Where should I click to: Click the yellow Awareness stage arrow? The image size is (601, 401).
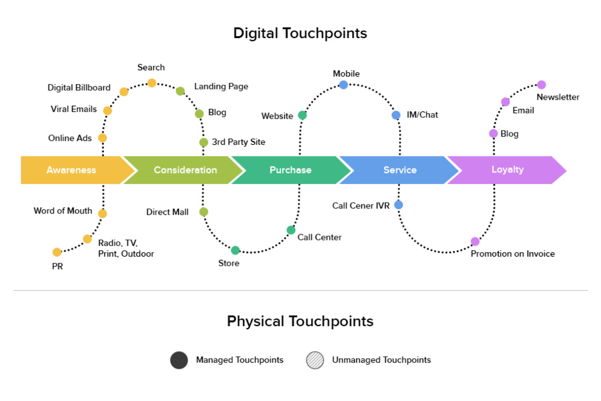71,170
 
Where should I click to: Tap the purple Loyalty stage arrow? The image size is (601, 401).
507,170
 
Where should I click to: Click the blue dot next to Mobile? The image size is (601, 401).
343,85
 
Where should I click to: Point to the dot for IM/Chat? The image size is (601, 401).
396,115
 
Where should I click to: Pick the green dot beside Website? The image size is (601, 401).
302,115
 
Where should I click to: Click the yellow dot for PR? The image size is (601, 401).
57,252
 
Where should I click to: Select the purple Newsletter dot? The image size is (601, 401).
541,85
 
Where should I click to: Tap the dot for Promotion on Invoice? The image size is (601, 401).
475,241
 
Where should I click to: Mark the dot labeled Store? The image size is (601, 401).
236,250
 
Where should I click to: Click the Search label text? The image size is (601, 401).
151,68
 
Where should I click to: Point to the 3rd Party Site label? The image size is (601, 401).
239,142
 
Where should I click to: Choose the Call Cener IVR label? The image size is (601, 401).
361,206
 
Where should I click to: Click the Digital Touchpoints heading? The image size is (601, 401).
300,33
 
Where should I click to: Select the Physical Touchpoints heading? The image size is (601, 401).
300,321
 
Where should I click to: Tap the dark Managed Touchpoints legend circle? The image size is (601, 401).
179,360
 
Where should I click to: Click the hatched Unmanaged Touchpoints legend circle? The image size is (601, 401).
315,360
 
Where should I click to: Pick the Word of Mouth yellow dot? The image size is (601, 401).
103,213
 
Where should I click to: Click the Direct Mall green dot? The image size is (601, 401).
204,212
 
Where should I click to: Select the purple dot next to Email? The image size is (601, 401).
506,102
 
